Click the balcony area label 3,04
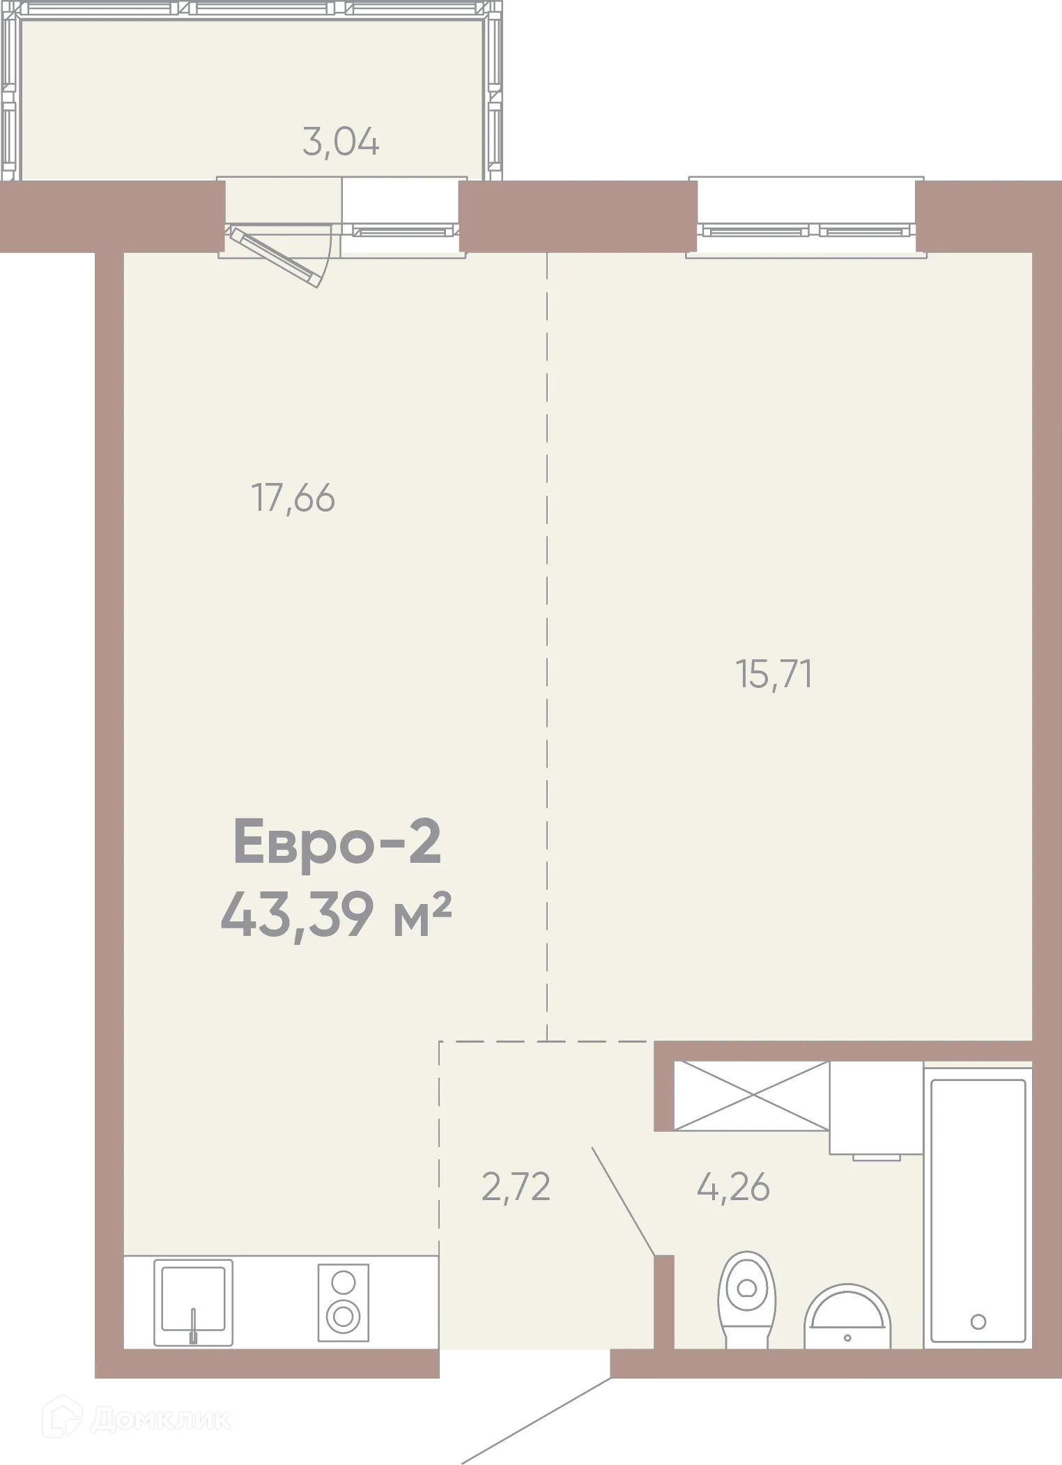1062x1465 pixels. point(341,143)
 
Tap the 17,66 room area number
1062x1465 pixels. point(293,499)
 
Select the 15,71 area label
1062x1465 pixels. point(774,675)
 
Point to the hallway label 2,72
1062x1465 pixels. point(516,1187)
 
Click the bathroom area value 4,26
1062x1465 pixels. point(733,1187)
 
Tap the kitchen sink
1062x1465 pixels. point(194,1298)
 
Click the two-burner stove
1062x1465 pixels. point(343,1303)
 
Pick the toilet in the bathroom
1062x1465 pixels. point(746,1298)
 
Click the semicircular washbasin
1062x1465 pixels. point(847,1317)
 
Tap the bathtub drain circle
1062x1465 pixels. point(978,1321)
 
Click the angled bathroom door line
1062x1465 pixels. point(623,1202)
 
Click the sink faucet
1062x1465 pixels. point(194,1325)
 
